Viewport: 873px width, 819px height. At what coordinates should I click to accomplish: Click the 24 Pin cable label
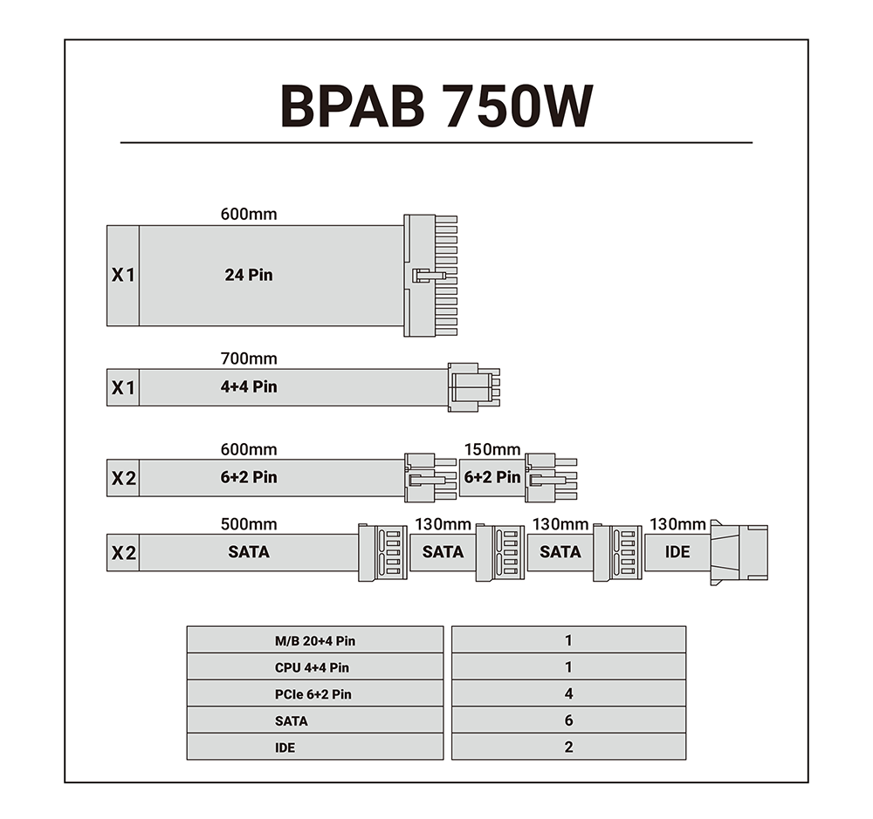pos(249,275)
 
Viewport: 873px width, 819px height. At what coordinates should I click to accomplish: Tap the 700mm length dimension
pos(249,358)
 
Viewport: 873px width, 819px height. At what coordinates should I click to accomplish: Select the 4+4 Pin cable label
pos(249,386)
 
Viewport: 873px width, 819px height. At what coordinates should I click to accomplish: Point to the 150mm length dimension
pos(492,450)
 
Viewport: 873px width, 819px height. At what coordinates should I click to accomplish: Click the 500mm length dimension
pos(249,524)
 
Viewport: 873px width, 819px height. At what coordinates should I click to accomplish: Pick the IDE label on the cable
pos(677,551)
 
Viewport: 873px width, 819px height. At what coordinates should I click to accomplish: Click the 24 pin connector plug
pos(431,275)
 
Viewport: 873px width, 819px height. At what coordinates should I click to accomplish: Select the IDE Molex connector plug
pos(739,551)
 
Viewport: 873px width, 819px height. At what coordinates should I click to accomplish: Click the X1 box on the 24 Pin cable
pos(123,275)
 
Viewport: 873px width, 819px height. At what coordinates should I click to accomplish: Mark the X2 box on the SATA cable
pos(123,552)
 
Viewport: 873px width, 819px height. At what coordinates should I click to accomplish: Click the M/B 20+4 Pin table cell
pos(315,641)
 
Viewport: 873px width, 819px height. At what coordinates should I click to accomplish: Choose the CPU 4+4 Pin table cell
pos(315,668)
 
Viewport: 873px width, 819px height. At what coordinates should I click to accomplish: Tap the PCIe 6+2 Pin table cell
pos(315,694)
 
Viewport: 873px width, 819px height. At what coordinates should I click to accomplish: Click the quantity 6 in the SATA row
pos(568,720)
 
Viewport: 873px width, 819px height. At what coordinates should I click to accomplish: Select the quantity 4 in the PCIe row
pos(568,694)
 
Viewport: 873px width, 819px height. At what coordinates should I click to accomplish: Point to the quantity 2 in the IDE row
pos(568,747)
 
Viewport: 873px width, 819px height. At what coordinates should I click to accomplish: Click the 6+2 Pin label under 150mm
pos(492,477)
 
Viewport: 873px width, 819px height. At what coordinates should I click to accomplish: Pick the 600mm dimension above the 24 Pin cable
pos(249,214)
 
